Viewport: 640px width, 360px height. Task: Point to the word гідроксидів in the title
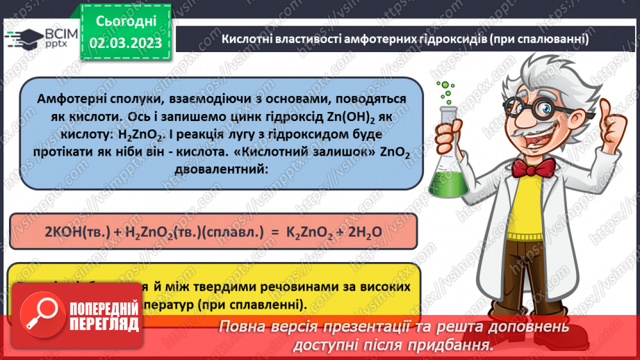450,39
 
